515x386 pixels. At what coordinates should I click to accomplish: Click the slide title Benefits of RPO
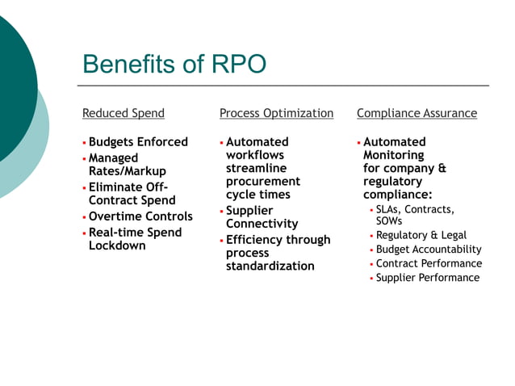coord(174,64)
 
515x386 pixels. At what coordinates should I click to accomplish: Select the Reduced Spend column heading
coord(123,113)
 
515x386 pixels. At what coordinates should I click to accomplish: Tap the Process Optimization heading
coord(276,113)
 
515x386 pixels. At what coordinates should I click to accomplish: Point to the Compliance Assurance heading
coord(417,113)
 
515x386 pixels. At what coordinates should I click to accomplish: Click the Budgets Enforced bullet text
coord(138,142)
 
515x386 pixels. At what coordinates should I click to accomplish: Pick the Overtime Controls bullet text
coord(140,216)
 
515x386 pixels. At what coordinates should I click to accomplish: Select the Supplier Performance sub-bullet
coord(428,278)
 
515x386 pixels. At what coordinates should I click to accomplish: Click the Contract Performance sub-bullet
coord(429,263)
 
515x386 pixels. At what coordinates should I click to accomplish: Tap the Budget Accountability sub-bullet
coord(429,250)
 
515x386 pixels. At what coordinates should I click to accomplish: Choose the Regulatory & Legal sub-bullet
coord(421,235)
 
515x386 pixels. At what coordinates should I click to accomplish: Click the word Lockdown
coord(117,245)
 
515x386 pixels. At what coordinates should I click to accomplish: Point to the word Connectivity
coord(262,224)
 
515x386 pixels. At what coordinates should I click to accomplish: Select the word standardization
coord(270,266)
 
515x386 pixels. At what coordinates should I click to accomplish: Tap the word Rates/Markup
coord(127,171)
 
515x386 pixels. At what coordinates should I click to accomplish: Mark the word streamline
coord(256,168)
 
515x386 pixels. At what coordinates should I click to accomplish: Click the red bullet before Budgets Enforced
coord(84,143)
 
